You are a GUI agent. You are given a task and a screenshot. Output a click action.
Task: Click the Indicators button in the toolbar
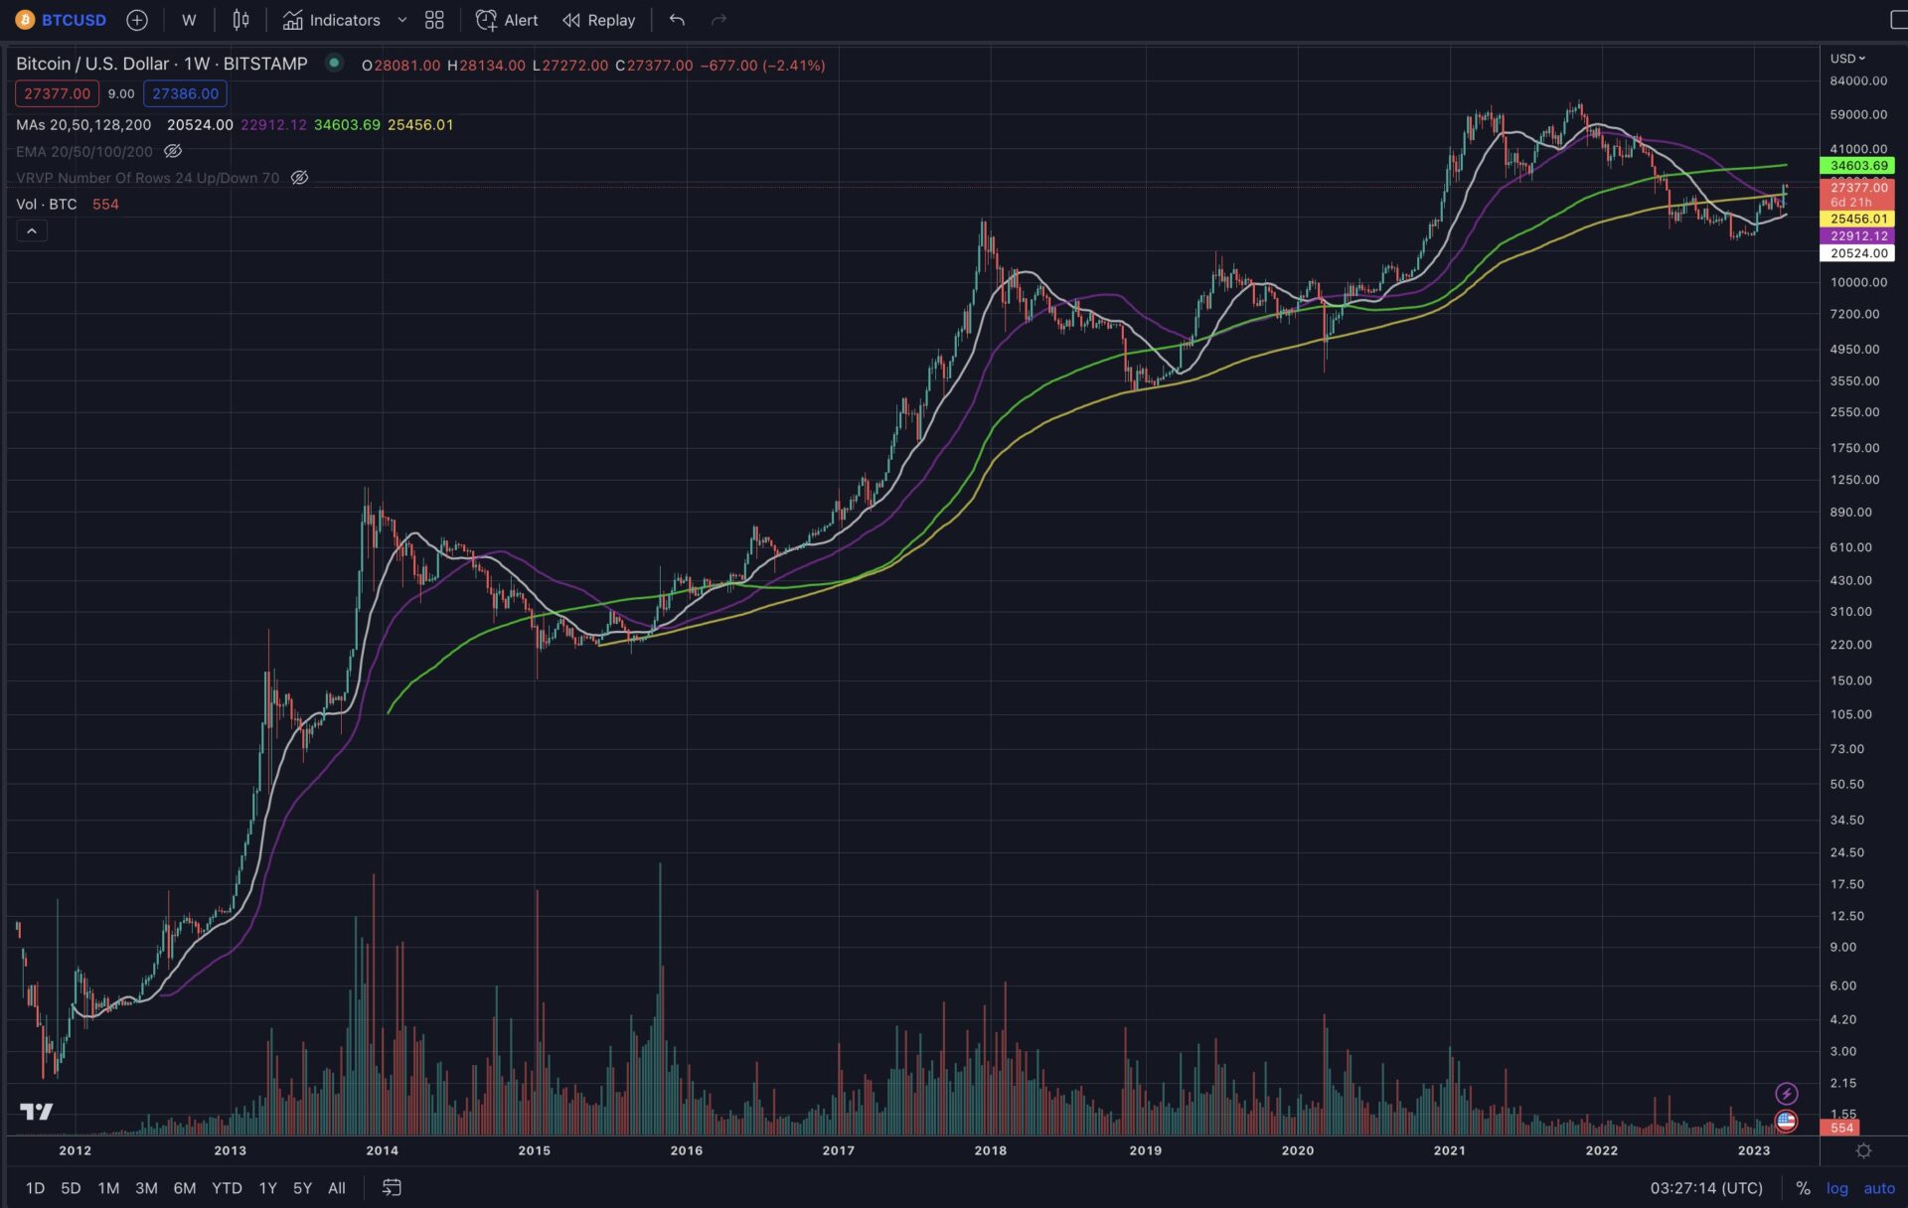pos(332,20)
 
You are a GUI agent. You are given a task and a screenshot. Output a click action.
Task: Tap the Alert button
pos(507,20)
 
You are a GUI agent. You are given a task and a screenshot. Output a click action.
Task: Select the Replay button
pos(598,20)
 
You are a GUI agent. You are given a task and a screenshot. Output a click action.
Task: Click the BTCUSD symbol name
pos(74,20)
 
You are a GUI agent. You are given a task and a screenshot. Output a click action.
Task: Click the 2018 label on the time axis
pos(990,1150)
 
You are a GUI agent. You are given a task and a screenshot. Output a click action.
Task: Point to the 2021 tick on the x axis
pos(1449,1150)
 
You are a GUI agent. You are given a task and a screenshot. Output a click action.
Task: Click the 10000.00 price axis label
pos(1858,282)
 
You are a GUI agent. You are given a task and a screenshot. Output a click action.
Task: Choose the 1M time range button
pos(108,1188)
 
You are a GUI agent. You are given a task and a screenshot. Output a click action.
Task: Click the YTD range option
pos(227,1188)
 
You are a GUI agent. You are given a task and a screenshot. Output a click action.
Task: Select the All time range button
pos(337,1188)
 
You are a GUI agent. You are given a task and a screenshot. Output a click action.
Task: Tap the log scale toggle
pos(1836,1188)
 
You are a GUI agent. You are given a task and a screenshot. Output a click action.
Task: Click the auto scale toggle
pos(1878,1188)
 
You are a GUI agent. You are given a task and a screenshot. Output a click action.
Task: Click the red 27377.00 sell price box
pos(57,93)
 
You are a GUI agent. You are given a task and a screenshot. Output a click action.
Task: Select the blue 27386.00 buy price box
pos(185,93)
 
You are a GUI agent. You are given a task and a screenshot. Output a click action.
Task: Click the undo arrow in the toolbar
pos(677,20)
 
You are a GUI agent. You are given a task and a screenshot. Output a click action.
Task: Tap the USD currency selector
pos(1847,59)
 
